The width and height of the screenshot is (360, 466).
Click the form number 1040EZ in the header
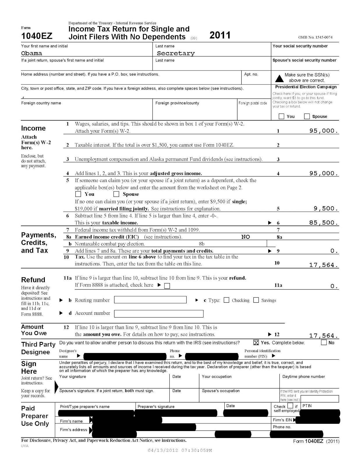[x=37, y=36]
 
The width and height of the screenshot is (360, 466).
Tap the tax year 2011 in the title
[x=220, y=35]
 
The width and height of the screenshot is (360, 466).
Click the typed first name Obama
[x=32, y=53]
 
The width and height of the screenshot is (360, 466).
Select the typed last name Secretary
[x=176, y=53]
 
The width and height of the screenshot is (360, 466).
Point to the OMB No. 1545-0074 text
[x=315, y=37]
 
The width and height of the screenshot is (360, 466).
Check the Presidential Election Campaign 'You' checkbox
[x=281, y=116]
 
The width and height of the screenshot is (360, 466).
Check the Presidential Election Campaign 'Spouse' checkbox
[x=307, y=116]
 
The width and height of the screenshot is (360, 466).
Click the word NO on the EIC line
[x=246, y=237]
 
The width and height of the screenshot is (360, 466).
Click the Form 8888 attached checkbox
[x=167, y=286]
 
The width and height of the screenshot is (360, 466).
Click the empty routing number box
[x=150, y=300]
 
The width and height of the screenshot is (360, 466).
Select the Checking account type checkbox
[x=226, y=300]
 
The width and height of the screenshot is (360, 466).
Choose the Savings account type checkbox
[x=256, y=300]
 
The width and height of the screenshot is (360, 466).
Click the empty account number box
[x=159, y=314]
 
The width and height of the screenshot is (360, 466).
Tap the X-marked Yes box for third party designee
[x=256, y=343]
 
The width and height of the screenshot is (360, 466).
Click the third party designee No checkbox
[x=324, y=343]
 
